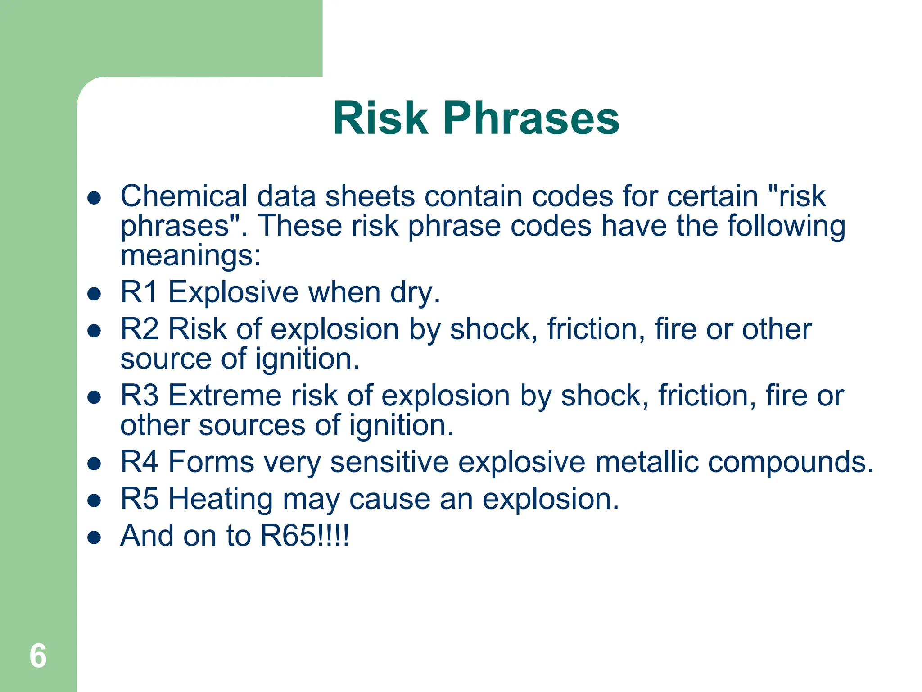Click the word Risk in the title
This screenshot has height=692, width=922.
[x=380, y=118]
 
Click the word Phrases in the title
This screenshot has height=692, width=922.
[x=531, y=118]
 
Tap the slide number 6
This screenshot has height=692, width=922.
[x=38, y=656]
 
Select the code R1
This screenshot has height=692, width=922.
[x=139, y=292]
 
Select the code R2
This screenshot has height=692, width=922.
[x=139, y=329]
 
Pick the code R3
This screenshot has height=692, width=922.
[x=139, y=395]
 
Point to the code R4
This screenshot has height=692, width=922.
[x=139, y=462]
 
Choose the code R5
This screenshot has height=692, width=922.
[x=139, y=499]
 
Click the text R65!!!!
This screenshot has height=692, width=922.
[x=305, y=536]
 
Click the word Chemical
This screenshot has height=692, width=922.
[x=184, y=196]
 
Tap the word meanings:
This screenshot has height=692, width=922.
[x=190, y=255]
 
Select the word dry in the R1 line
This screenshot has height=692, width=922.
[x=414, y=293]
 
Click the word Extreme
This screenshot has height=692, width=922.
[x=225, y=395]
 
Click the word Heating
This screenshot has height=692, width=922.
[x=220, y=499]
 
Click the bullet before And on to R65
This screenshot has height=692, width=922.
[x=94, y=537]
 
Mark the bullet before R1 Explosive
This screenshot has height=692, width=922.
[x=94, y=294]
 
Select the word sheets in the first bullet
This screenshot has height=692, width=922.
[x=370, y=196]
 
